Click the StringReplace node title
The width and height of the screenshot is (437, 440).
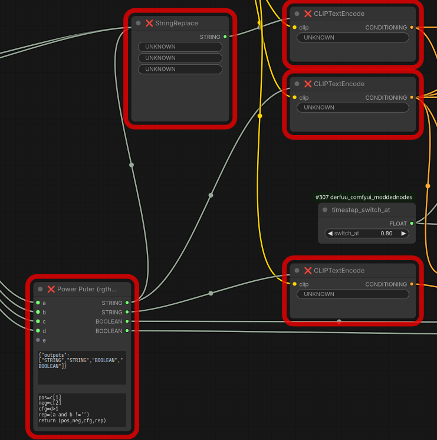pyautogui.click(x=176, y=23)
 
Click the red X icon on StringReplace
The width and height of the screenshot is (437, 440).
pyautogui.click(x=149, y=23)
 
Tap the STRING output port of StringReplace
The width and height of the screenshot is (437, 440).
pyautogui.click(x=225, y=37)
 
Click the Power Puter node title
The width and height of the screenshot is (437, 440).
pyautogui.click(x=87, y=289)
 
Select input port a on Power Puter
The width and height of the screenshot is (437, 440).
pyautogui.click(x=38, y=303)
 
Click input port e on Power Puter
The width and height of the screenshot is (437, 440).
pyautogui.click(x=38, y=340)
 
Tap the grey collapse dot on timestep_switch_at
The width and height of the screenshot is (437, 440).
pyautogui.click(x=325, y=209)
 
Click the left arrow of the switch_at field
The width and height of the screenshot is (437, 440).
pyautogui.click(x=330, y=234)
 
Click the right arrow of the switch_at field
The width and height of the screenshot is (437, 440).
pyautogui.click(x=403, y=234)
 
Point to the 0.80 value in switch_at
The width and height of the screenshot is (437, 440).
pyautogui.click(x=386, y=234)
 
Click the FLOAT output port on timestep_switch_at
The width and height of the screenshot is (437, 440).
pyautogui.click(x=412, y=224)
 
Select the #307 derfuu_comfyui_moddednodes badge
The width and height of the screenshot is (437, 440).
pyautogui.click(x=364, y=197)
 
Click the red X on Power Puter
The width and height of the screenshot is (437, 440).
pyautogui.click(x=51, y=289)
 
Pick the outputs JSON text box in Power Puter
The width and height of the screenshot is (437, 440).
pyautogui.click(x=82, y=367)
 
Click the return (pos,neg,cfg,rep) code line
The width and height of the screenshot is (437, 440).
pyautogui.click(x=72, y=421)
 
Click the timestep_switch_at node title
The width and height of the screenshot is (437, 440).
pyautogui.click(x=361, y=209)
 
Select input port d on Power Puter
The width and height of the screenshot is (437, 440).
pyautogui.click(x=38, y=331)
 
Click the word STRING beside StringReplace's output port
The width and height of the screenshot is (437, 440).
pyautogui.click(x=210, y=37)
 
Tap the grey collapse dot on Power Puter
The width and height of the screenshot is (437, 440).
pyautogui.click(x=40, y=289)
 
